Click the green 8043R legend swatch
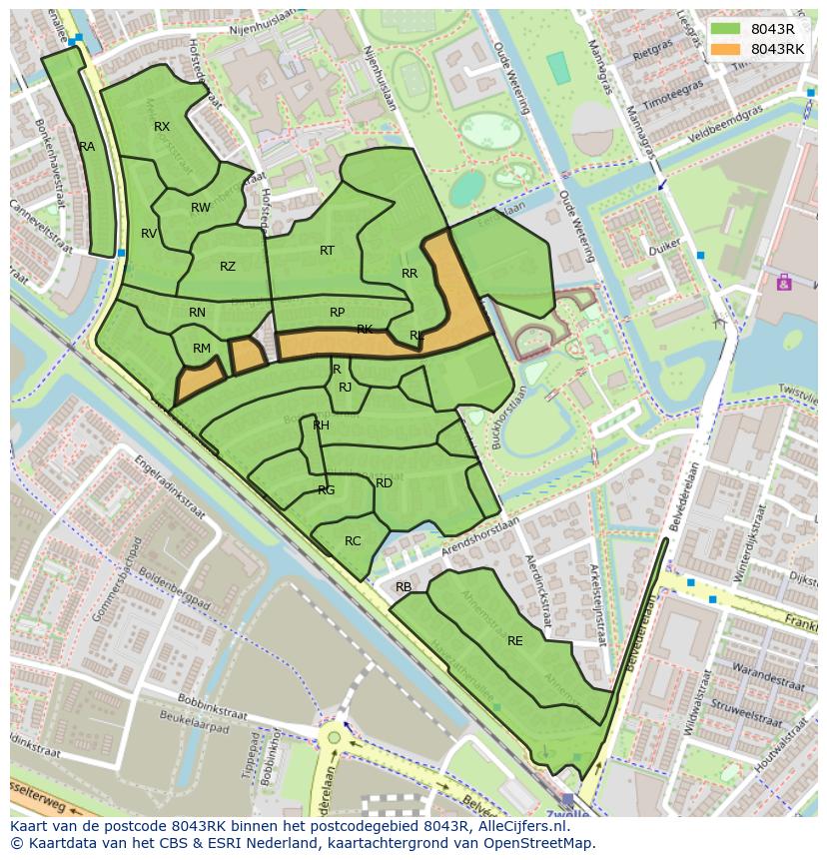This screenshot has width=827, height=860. (727, 29)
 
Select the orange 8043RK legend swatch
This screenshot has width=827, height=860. (727, 49)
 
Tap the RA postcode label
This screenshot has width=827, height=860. (87, 147)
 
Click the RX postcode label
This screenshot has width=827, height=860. (162, 127)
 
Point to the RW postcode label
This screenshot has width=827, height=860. (201, 208)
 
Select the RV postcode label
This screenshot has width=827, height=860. (149, 234)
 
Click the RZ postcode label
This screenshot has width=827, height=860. (228, 267)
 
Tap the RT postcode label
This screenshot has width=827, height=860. (327, 251)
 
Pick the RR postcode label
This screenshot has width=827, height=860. (410, 274)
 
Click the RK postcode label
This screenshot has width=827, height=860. (365, 330)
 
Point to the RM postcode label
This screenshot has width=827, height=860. (202, 349)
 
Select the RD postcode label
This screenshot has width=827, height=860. (384, 483)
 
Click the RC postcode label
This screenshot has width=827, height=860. (353, 541)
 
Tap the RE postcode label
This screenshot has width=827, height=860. (515, 641)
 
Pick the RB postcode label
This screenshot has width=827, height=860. (404, 587)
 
